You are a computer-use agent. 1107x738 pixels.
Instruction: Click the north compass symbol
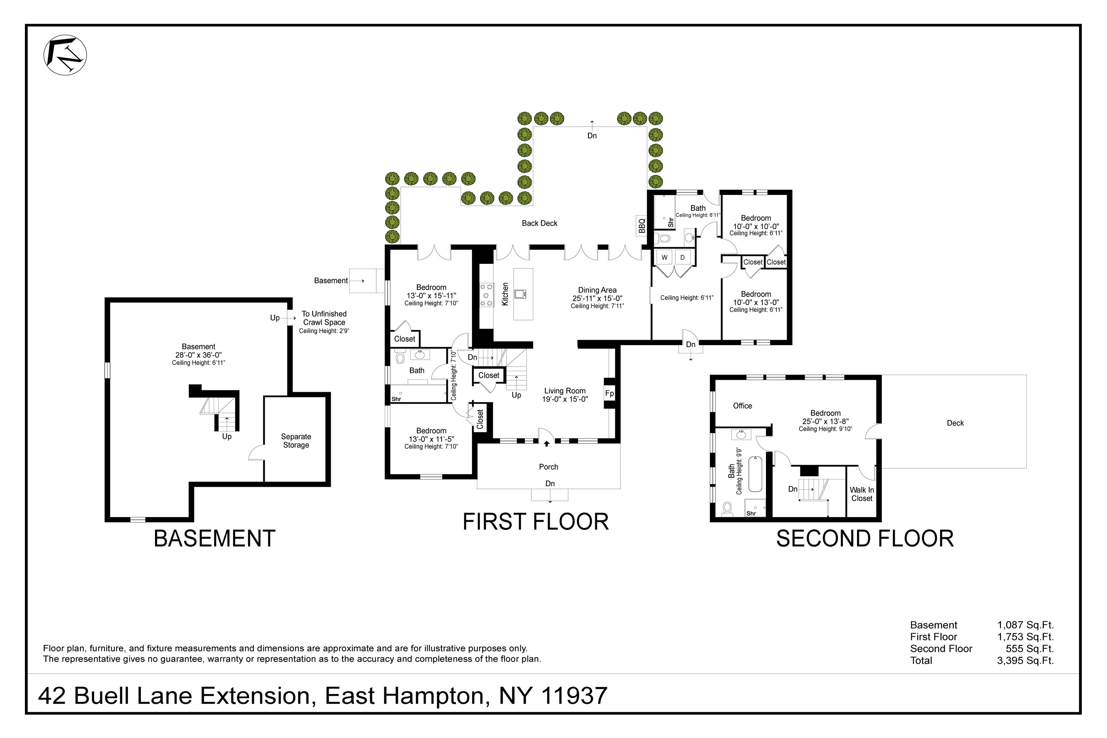click(65, 55)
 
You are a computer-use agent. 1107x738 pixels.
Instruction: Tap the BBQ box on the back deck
click(641, 225)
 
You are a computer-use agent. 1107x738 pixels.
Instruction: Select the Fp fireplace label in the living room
click(609, 394)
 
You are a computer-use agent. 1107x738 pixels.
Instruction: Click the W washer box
click(664, 257)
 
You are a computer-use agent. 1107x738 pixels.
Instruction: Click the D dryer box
click(682, 257)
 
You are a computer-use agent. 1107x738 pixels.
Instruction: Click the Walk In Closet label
click(862, 494)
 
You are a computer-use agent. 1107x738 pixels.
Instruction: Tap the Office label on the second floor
click(742, 406)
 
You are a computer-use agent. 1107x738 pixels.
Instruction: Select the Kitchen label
click(505, 294)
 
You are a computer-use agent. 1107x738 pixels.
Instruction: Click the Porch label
click(548, 467)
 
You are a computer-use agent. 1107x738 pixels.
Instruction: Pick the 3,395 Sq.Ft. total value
click(1025, 660)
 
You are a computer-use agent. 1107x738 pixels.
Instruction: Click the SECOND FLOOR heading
click(865, 538)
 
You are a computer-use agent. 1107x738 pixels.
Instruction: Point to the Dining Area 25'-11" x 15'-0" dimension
click(597, 298)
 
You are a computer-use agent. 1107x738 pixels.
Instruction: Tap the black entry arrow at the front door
click(546, 443)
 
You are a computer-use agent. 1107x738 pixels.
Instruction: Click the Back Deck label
click(539, 223)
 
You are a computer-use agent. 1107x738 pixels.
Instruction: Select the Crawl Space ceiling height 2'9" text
click(324, 331)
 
